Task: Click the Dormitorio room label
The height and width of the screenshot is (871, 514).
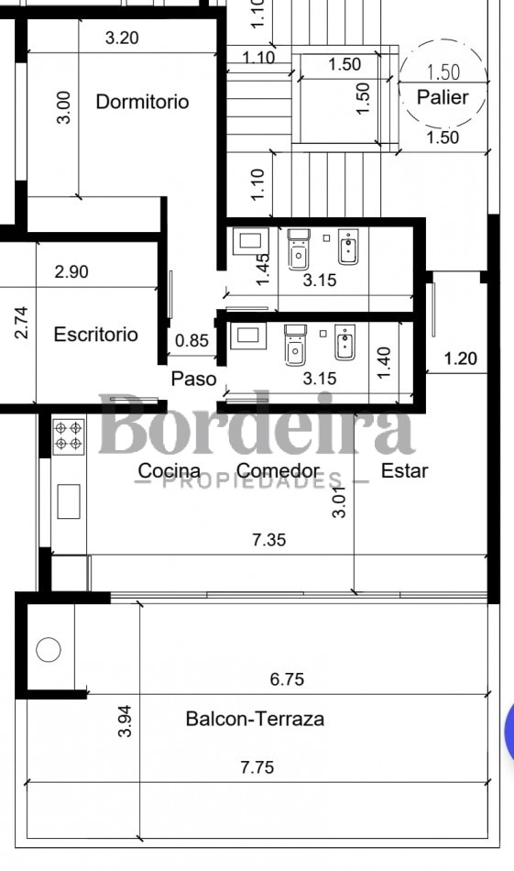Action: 142,102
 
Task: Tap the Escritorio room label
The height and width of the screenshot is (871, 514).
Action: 95,335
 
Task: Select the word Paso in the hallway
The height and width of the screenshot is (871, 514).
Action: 193,379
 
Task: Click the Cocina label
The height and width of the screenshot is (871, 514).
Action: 170,471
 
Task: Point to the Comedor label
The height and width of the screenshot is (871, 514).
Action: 279,471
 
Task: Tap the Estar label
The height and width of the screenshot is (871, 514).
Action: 405,471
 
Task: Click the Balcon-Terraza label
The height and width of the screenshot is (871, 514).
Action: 255,719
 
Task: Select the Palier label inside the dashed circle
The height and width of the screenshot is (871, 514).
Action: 443,97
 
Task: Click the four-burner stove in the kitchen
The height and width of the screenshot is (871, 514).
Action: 69,436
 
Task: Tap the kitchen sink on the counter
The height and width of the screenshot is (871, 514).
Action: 69,502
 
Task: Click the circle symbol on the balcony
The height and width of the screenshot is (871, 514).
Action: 49,649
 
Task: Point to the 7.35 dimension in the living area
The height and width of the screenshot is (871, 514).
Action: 269,539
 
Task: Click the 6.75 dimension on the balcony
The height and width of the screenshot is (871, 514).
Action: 287,678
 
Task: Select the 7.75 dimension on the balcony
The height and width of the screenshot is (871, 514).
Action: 257,767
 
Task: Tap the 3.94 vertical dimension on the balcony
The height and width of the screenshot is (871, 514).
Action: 125,721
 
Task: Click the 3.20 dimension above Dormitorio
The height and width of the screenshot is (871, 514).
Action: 122,38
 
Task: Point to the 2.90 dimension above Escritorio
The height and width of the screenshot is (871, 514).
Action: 71,271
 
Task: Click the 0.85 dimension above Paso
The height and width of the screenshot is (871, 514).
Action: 192,340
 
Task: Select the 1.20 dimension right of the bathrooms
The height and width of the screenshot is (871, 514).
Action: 460,358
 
